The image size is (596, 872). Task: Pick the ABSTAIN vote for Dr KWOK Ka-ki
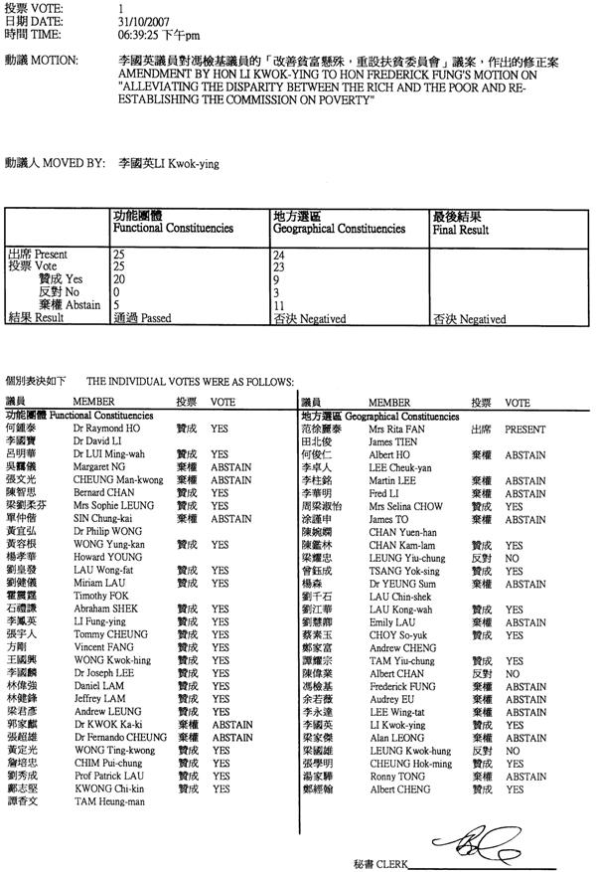pyautogui.click(x=231, y=726)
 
